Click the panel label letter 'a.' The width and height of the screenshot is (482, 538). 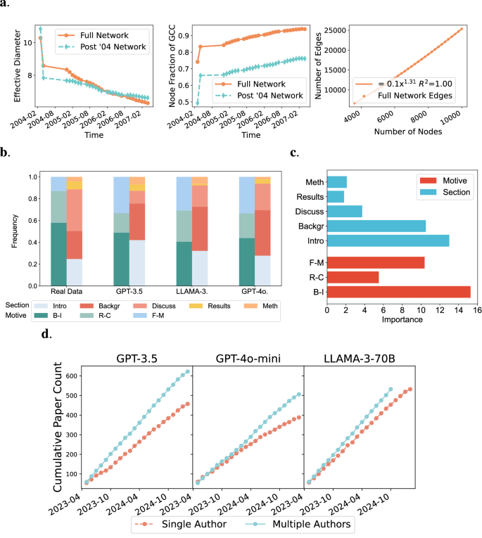tap(6, 6)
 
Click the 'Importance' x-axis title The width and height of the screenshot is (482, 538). tap(402, 320)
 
